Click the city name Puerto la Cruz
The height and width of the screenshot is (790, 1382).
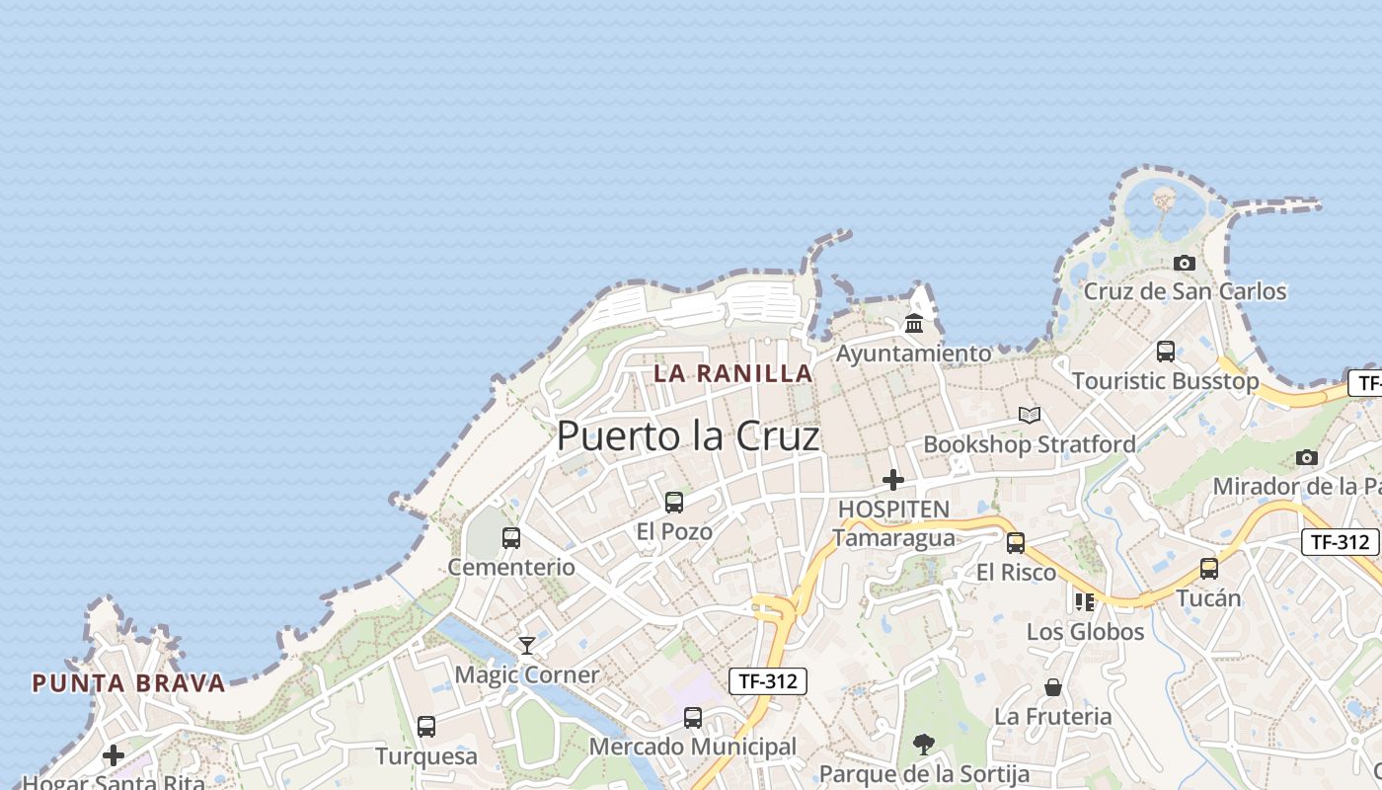(688, 435)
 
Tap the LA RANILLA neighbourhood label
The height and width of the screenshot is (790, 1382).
(733, 373)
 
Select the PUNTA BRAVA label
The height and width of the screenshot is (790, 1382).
(128, 682)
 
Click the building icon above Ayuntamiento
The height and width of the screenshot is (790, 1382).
(914, 323)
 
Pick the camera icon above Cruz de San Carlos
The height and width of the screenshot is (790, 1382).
(1185, 263)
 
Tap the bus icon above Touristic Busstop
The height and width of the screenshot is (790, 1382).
(1166, 352)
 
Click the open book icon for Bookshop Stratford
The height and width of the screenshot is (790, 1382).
(1030, 416)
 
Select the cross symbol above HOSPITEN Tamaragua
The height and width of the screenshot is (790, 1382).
(893, 480)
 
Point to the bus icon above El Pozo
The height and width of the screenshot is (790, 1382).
(674, 503)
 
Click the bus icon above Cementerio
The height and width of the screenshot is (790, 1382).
(511, 538)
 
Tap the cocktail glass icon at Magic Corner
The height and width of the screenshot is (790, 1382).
(527, 646)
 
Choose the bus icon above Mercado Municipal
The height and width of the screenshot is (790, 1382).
(693, 718)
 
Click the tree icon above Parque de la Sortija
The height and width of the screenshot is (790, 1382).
(924, 744)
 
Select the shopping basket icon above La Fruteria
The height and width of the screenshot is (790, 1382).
(1053, 687)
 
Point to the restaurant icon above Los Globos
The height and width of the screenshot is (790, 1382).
(1085, 601)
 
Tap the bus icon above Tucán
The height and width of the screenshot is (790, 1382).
(1209, 569)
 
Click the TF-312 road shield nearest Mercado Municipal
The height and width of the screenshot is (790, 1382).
(769, 680)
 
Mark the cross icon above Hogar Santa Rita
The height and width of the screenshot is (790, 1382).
(114, 755)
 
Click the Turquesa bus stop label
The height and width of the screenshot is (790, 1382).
(426, 756)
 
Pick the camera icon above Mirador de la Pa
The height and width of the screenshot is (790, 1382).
(1307, 457)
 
